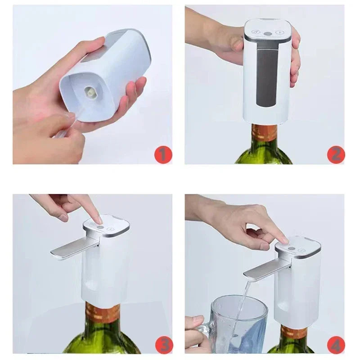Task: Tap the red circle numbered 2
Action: point(336,154)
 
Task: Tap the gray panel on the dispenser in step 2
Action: point(267,76)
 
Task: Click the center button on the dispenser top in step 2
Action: point(268,33)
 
